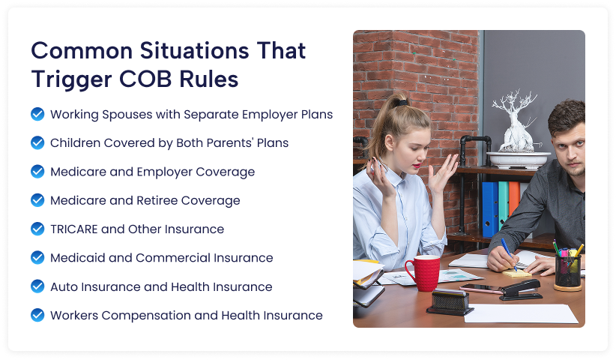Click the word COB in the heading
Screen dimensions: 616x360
pos(145,79)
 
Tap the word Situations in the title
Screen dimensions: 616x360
pos(194,51)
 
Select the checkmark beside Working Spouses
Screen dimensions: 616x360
pos(37,114)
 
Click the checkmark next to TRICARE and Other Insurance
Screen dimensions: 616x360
pos(37,229)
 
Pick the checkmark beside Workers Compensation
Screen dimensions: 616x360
pos(37,315)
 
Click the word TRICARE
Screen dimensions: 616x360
pos(74,229)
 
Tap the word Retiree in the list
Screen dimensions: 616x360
pos(157,200)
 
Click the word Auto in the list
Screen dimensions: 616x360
pos(64,287)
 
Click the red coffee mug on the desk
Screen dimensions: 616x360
pos(423,273)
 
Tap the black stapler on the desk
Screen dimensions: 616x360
pos(521,289)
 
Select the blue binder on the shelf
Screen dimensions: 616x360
pos(490,208)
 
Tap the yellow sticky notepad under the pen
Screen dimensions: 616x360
pos(517,273)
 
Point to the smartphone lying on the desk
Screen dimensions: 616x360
pos(482,288)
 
